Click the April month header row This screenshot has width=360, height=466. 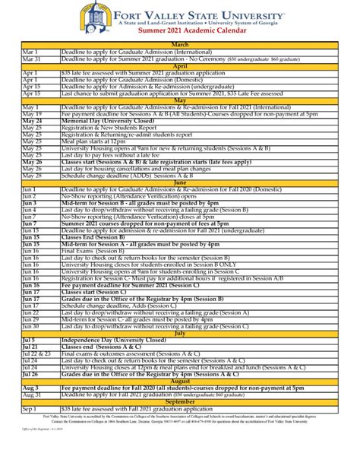pos(180,67)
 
